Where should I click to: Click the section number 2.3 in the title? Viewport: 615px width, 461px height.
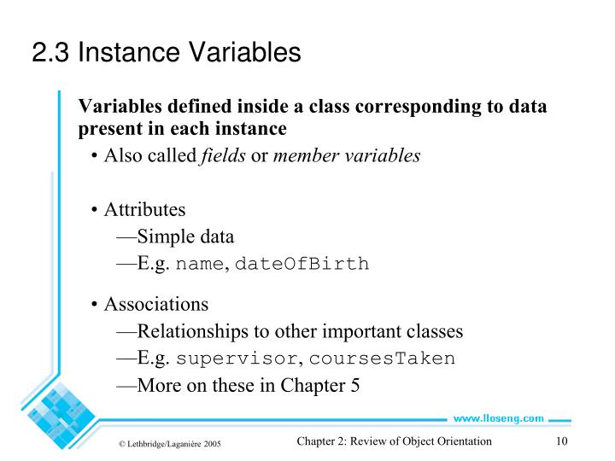point(50,53)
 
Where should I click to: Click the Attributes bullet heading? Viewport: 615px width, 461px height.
point(144,210)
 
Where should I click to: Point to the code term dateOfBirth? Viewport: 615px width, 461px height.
point(302,264)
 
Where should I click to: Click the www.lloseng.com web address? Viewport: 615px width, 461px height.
point(498,418)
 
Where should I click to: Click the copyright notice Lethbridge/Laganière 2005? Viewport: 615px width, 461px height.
point(170,443)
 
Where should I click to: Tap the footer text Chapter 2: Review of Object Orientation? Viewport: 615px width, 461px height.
point(395,441)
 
